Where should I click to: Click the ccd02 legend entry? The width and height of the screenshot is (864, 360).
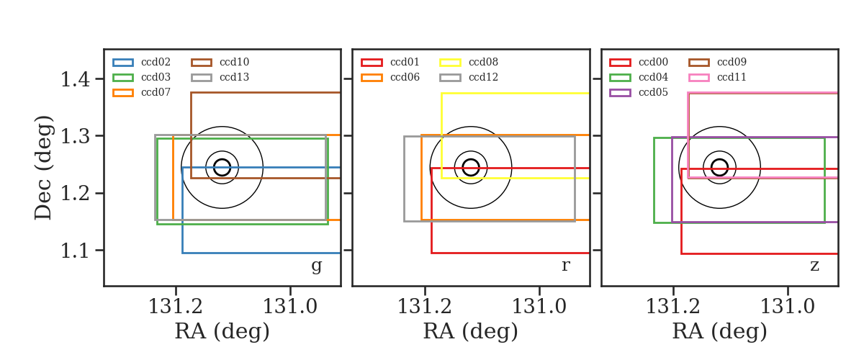point(142,62)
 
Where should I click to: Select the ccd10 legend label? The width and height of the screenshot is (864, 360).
point(234,62)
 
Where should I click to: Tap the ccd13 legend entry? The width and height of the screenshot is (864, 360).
point(220,78)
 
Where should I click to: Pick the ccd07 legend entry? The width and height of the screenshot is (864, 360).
point(142,93)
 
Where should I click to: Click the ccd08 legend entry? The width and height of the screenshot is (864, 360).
point(469,62)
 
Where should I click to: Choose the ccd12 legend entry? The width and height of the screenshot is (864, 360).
point(469,78)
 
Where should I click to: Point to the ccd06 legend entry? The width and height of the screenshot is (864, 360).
point(390,78)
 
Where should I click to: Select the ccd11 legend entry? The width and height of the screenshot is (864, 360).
point(717,78)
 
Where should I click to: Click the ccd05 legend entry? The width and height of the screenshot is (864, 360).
point(639,93)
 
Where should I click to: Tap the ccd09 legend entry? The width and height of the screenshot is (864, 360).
point(717,62)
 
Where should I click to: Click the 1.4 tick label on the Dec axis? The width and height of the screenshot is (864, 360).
point(75,79)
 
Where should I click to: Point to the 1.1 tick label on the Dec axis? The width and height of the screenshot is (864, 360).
point(75,251)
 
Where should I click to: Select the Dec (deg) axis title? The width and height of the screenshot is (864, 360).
point(42,168)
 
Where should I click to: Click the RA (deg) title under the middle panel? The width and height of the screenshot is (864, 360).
point(471,331)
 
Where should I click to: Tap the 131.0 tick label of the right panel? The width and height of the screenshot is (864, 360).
point(787,307)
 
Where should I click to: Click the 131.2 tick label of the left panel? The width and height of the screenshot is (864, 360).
point(176,307)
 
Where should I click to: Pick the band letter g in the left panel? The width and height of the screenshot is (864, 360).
point(316,266)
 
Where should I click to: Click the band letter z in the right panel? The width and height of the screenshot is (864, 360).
point(814,266)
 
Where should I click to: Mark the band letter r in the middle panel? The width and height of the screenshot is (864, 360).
point(565,266)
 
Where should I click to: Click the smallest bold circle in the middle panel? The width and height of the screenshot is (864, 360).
point(471,159)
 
